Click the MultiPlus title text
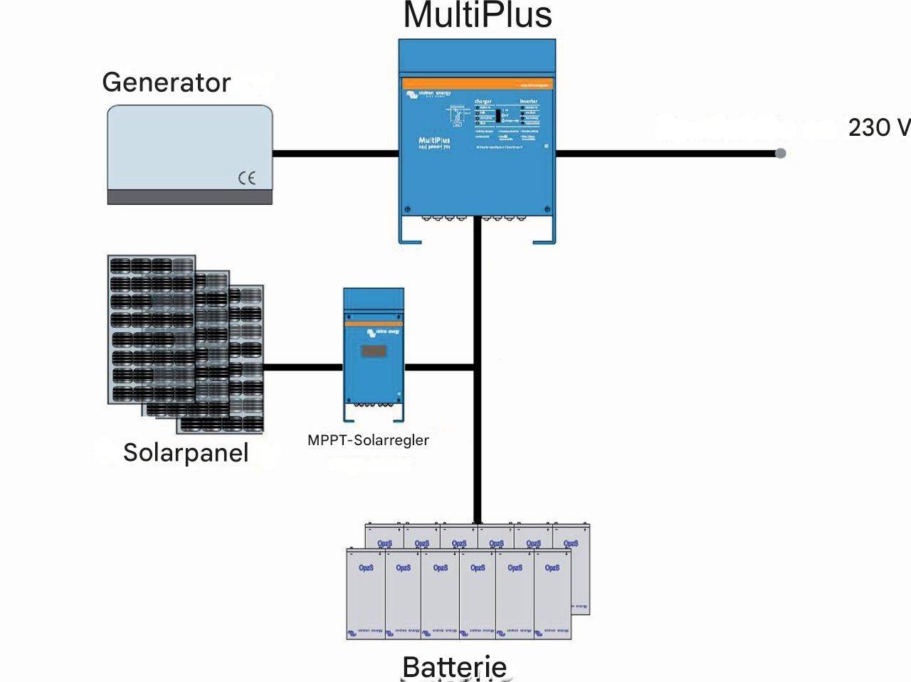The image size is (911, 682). (478, 16)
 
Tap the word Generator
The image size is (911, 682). (166, 82)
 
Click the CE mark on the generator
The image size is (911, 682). (246, 178)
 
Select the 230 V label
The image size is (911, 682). (878, 127)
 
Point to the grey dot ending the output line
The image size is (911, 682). (781, 153)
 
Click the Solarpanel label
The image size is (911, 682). (186, 453)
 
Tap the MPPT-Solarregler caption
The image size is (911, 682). (368, 440)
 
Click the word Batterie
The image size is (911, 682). (454, 667)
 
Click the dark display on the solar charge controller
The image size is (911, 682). (374, 351)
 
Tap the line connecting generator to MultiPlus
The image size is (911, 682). (335, 153)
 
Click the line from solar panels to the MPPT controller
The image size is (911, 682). (302, 367)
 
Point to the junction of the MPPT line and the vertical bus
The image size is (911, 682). (477, 367)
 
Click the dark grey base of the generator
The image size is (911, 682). (189, 197)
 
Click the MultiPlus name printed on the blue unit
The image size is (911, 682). (434, 141)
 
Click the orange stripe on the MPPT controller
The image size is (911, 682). (374, 324)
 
